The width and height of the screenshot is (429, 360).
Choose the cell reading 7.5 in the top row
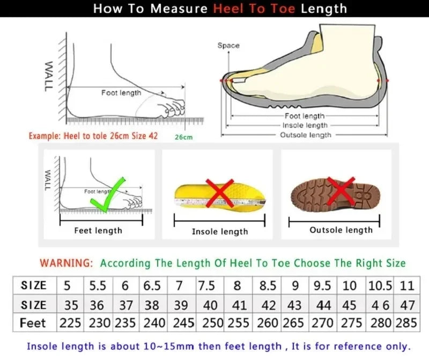point(207,285)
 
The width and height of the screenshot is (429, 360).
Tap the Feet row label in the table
point(33,323)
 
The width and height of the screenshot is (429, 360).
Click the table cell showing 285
point(406,323)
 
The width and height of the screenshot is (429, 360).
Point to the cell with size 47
point(407,305)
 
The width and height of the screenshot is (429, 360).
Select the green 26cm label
point(183,137)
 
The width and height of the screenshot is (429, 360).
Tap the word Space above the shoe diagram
point(228,46)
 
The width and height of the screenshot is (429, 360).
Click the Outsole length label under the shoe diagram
point(306,135)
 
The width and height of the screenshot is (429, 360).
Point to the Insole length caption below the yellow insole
point(220,231)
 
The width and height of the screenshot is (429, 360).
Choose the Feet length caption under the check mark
point(98,231)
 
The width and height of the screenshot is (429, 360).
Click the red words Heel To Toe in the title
point(255,9)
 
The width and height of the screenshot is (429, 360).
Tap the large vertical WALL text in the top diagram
point(48,76)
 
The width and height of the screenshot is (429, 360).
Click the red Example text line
point(93,136)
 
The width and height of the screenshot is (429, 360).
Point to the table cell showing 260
point(267,323)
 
